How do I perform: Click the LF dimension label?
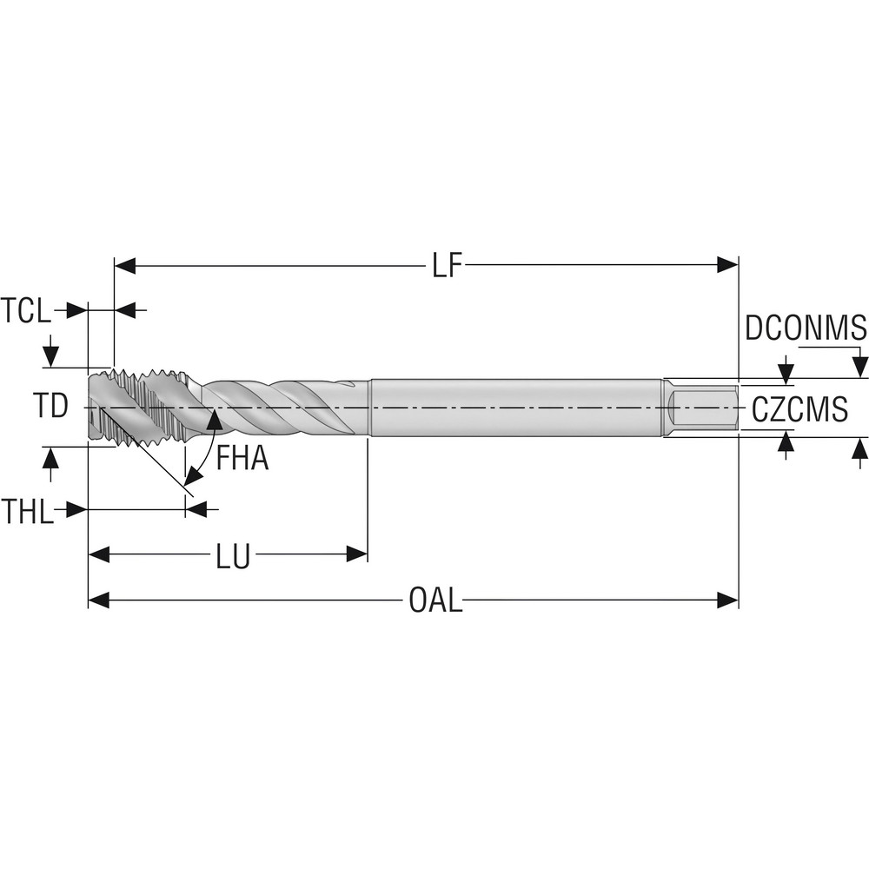(x=445, y=266)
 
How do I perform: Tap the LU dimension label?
(x=233, y=556)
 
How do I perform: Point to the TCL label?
(x=26, y=310)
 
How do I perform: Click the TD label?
(x=51, y=406)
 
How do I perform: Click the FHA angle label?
(x=242, y=458)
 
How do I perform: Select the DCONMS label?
(x=806, y=328)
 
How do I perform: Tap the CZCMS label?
(x=799, y=408)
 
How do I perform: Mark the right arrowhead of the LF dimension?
(x=728, y=266)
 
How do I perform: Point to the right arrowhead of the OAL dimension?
(x=728, y=600)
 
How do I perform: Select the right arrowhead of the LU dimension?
(x=357, y=554)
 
